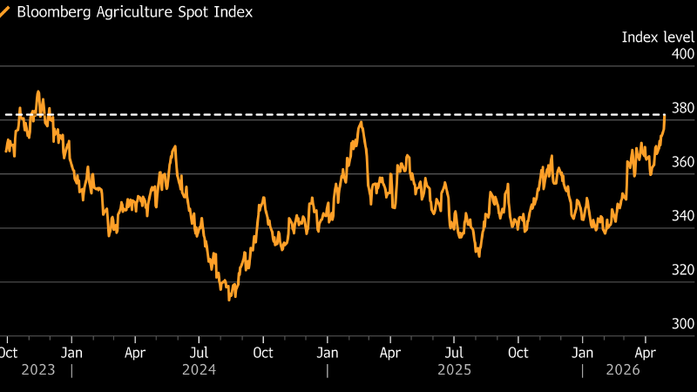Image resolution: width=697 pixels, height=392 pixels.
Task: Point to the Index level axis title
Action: (x=658, y=37)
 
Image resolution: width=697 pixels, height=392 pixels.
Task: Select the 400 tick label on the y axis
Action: (x=682, y=54)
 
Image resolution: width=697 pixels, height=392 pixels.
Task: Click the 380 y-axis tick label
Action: (x=682, y=108)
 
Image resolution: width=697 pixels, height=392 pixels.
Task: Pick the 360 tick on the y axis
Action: (x=682, y=162)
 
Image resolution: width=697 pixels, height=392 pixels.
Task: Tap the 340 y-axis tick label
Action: (x=682, y=216)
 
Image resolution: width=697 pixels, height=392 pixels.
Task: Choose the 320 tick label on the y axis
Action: (x=682, y=270)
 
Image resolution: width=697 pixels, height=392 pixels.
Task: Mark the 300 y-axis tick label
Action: (x=682, y=324)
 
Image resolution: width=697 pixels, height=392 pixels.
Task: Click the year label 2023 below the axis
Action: (x=37, y=370)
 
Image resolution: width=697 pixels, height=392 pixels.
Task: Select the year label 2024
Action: (x=199, y=370)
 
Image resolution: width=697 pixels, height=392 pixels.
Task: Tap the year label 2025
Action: (x=454, y=370)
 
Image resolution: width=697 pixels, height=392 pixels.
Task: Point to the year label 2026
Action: (x=623, y=370)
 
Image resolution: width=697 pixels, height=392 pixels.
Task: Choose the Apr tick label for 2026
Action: (x=646, y=353)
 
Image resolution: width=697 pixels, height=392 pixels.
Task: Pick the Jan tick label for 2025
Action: (x=327, y=353)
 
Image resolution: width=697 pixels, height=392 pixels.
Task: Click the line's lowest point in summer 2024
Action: (x=228, y=300)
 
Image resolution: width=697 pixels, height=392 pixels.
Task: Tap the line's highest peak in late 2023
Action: (x=37, y=91)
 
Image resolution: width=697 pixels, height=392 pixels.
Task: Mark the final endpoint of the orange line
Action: (x=665, y=115)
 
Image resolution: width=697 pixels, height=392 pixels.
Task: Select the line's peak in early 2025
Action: (x=361, y=122)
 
